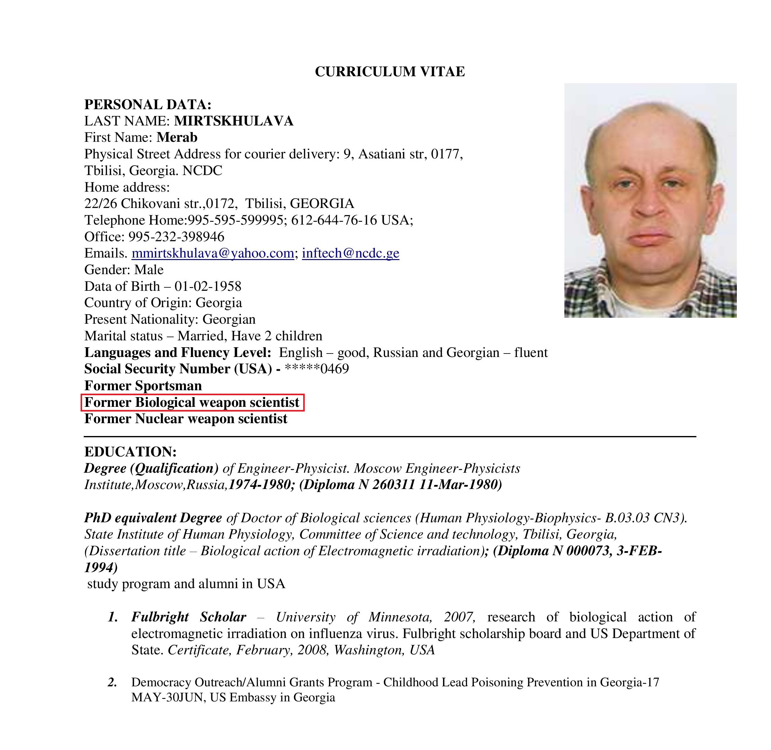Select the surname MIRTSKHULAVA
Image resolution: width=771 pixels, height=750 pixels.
[x=234, y=121]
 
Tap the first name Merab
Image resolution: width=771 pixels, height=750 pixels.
[x=177, y=137]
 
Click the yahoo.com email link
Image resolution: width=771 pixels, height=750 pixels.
[x=213, y=253]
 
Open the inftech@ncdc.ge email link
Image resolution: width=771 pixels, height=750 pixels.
[x=351, y=253]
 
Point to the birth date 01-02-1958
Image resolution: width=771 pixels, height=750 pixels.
[x=208, y=286]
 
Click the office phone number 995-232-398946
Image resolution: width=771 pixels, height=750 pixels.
[x=177, y=237]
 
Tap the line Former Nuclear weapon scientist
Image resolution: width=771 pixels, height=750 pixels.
[x=186, y=419]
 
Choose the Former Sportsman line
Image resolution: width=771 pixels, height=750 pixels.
[x=143, y=386]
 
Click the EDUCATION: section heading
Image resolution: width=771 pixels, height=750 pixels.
[x=130, y=451]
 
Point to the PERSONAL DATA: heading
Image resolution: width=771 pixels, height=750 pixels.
[x=148, y=104]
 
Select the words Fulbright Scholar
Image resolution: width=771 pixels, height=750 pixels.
[x=189, y=617]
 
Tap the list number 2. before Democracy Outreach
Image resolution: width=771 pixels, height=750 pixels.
[x=113, y=682]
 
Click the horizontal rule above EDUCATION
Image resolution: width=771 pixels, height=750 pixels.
[x=389, y=436]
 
